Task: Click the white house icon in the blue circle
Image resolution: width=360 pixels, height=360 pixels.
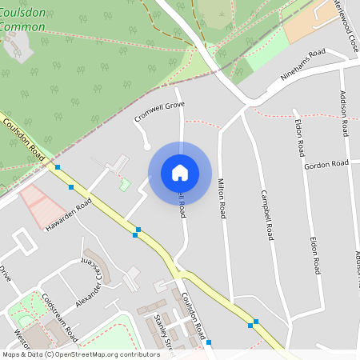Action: point(180,172)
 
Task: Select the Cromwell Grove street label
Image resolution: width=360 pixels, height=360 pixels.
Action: point(158,110)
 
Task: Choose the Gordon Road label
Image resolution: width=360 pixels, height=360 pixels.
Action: point(326,164)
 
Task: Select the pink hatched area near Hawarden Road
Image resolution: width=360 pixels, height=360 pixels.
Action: point(36,204)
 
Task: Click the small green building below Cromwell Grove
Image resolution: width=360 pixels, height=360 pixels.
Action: point(125,185)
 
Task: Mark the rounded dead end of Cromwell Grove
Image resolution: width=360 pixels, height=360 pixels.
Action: point(146,146)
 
